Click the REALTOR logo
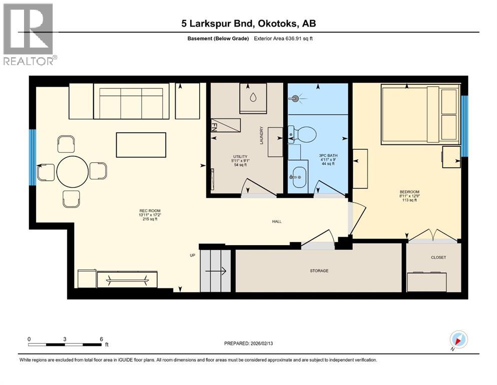pyautogui.click(x=28, y=34)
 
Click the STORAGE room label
pyautogui.click(x=319, y=271)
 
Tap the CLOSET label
pyautogui.click(x=438, y=257)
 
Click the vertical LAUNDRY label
pyautogui.click(x=261, y=135)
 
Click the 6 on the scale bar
pyautogui.click(x=101, y=339)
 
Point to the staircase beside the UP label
pyautogui.click(x=215, y=271)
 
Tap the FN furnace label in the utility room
pyautogui.click(x=215, y=125)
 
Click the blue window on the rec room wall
pyautogui.click(x=33, y=156)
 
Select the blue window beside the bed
pyautogui.click(x=464, y=126)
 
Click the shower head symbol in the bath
pyautogui.click(x=295, y=99)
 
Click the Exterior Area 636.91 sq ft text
pyautogui.click(x=284, y=39)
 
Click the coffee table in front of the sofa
pyautogui.click(x=141, y=145)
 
